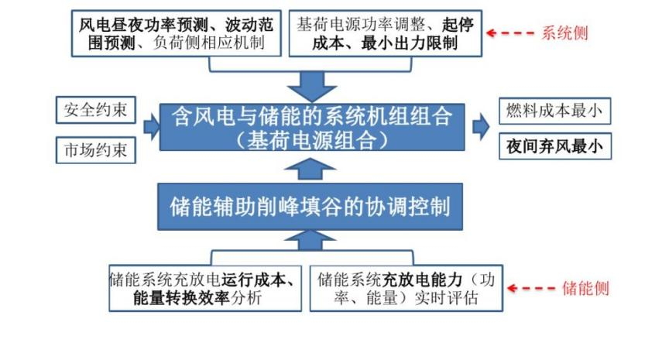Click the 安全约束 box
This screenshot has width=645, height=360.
click(97, 111)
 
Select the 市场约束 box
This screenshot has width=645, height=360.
click(97, 149)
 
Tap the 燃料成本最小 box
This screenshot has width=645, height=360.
click(554, 111)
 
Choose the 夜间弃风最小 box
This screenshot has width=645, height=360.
click(554, 146)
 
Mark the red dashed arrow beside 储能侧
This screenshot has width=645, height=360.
click(532, 288)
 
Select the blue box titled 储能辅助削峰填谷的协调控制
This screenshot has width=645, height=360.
click(310, 207)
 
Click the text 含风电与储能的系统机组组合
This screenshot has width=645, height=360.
click(312, 118)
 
